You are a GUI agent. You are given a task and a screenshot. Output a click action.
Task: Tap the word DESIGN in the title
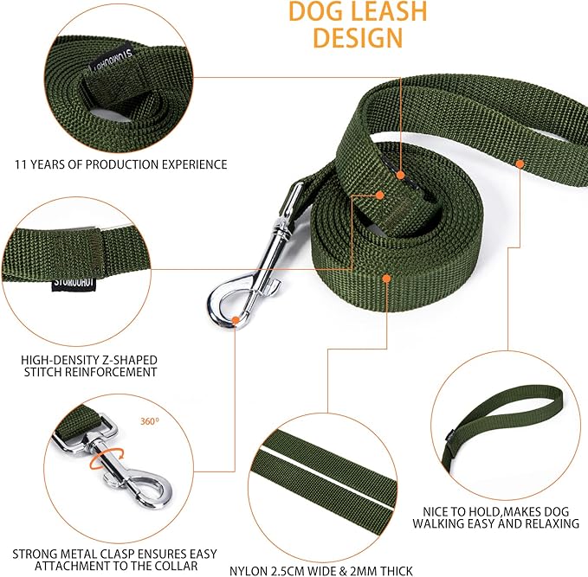tap(357, 38)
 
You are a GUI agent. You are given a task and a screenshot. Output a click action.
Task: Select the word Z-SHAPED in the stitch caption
tap(129, 359)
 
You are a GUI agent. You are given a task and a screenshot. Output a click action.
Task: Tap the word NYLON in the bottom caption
tap(249, 571)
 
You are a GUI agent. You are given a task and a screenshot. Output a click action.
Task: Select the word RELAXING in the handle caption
tap(547, 523)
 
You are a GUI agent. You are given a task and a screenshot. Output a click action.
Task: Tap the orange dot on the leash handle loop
tap(520, 162)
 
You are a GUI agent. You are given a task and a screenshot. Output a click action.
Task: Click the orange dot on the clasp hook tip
tap(236, 321)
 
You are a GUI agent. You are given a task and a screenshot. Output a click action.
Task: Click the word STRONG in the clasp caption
tap(33, 554)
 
